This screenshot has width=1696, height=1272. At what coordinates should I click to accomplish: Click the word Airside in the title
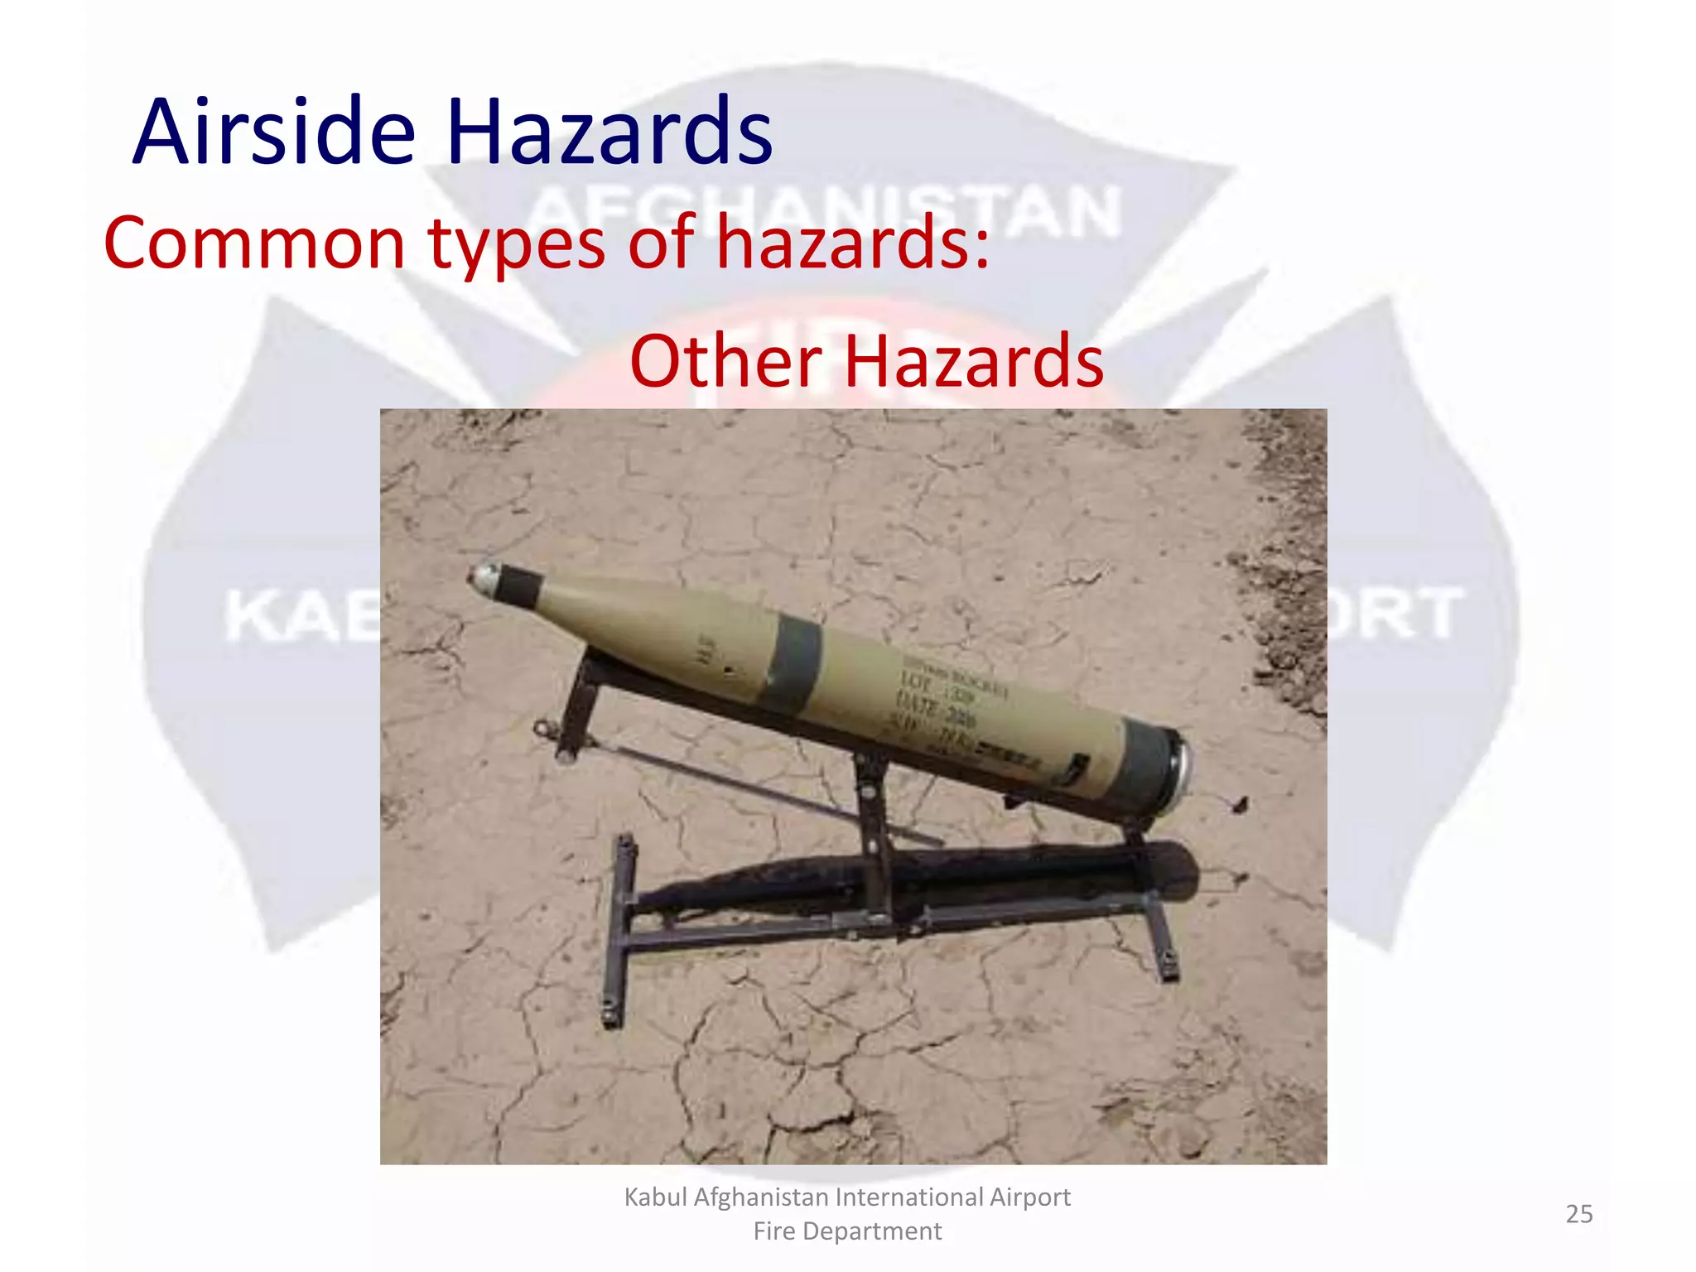273,132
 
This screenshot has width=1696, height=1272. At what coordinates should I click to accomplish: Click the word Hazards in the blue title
609,132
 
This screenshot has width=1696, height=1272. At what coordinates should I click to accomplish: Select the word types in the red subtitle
517,245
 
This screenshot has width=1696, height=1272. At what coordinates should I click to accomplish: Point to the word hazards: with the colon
853,243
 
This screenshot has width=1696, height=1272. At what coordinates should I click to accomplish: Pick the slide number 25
1578,1214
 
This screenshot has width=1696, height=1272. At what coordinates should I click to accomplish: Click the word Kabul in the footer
655,1197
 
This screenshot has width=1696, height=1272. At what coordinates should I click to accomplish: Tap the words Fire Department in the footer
847,1231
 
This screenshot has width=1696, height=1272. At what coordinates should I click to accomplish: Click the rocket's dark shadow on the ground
911,878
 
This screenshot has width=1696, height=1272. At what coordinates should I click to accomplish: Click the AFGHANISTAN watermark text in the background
824,211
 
